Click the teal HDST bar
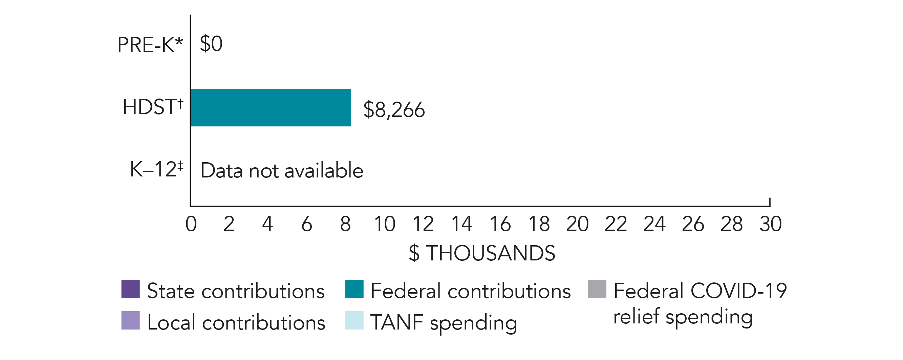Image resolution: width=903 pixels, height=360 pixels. pos(271,108)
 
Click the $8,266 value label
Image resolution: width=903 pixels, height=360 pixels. pos(394,110)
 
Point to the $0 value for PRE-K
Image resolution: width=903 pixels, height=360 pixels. pos(211,44)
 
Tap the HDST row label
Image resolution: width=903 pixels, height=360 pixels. pos(153,107)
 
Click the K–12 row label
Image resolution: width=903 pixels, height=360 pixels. pos(156,169)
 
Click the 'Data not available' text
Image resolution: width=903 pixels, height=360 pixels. pos(282,171)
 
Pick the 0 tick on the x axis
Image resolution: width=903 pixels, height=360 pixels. pos(191,224)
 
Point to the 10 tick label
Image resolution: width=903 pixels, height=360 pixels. pos(384,224)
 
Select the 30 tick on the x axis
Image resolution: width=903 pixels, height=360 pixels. pos(771,224)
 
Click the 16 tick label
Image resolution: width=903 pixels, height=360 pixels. pos(500,224)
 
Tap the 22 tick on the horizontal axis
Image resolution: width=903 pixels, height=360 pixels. pos(616,224)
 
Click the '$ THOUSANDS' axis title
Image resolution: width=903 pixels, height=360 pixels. pos(482,253)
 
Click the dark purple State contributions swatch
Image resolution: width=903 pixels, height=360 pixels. pos(130,289)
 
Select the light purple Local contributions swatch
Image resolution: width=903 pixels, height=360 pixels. pos(130,320)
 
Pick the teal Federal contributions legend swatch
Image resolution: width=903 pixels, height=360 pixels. pos(354,289)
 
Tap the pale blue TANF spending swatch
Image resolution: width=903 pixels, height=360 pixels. pos(354,320)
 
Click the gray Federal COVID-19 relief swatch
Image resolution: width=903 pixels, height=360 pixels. pos(597,289)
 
